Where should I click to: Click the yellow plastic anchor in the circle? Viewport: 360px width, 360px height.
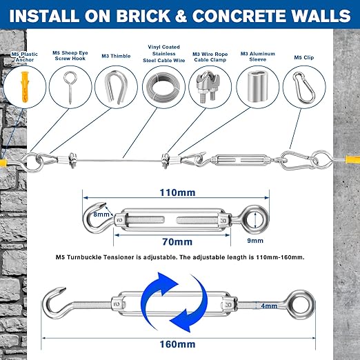[25, 87]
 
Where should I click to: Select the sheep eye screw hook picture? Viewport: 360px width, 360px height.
[70, 88]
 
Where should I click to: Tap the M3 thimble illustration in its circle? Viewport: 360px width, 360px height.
[114, 87]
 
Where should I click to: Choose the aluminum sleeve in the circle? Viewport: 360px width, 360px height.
[256, 88]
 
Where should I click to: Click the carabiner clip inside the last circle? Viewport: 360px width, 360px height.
[303, 87]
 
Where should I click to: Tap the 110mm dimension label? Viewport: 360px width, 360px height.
[177, 192]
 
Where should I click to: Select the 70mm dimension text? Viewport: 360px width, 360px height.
[177, 241]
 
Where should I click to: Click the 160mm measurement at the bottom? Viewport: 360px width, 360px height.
[177, 344]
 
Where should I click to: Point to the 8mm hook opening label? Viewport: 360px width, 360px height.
[101, 214]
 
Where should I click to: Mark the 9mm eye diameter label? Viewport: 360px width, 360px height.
[255, 241]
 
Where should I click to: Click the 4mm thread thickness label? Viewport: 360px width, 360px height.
[269, 306]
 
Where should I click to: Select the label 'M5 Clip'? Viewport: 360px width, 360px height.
[304, 57]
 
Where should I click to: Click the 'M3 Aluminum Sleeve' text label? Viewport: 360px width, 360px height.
[258, 57]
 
